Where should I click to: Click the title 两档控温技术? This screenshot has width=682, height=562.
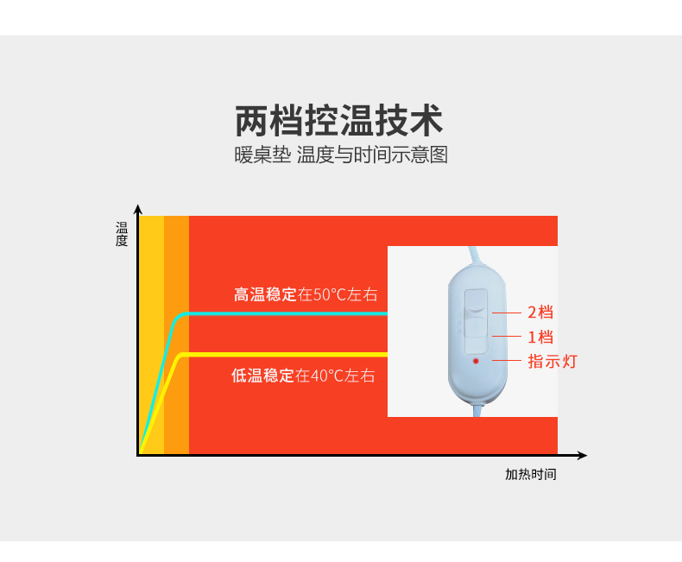point(339,121)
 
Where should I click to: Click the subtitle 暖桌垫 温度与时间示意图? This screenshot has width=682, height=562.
point(341,156)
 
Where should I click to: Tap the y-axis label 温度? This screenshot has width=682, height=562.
point(122,234)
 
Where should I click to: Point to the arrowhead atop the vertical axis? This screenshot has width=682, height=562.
point(137,209)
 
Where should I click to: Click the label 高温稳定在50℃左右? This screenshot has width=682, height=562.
point(306,294)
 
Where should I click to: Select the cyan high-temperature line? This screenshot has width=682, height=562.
point(285,313)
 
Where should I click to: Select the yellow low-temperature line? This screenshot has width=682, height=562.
point(285,355)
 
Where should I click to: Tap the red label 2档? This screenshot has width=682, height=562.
point(540,313)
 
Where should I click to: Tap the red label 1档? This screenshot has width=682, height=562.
point(540,337)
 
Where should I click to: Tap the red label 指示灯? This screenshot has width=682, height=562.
point(552,361)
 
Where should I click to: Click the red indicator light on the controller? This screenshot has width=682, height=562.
point(476,361)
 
